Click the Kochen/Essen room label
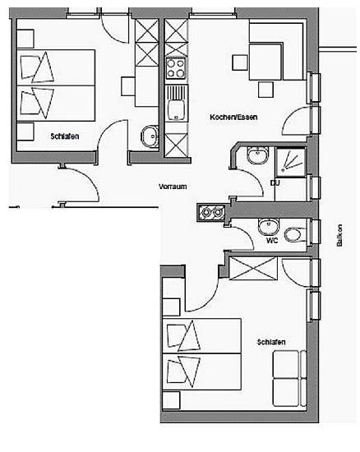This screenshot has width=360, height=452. (233, 117)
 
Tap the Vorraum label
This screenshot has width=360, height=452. (173, 187)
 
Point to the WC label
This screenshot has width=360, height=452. (272, 240)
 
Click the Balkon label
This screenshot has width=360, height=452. (339, 235)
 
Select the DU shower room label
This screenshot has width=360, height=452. (275, 182)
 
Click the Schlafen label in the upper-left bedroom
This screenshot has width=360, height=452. (65, 136)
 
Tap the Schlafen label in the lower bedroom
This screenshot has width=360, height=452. (271, 342)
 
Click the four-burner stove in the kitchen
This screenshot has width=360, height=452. (176, 68)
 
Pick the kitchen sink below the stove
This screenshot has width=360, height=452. (176, 104)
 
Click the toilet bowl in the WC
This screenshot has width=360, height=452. (294, 234)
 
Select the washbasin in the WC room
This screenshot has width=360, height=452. (269, 226)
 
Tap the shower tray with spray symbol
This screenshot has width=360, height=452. (290, 162)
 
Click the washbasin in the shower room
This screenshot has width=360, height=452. (258, 155)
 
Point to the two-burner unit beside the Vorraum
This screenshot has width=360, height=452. (211, 213)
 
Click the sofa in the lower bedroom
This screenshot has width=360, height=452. (289, 378)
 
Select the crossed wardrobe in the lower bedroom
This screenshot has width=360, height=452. (253, 268)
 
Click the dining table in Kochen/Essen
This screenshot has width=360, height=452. (265, 62)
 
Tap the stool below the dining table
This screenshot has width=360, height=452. (265, 90)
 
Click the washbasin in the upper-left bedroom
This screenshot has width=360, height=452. (150, 136)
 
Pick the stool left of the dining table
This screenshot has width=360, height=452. (240, 62)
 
